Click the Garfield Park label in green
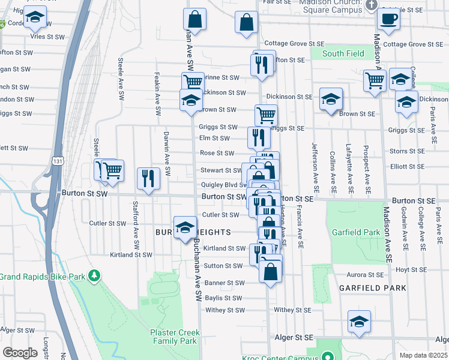(x=355, y=232)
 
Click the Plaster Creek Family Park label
(x=173, y=336)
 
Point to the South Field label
(x=343, y=53)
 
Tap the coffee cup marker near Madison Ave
(x=388, y=19)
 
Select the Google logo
(x=20, y=353)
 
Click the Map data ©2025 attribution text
(x=423, y=355)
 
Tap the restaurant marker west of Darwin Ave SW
(x=148, y=178)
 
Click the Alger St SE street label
(x=294, y=338)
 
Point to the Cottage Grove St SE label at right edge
(x=412, y=44)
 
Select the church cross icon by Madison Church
(x=371, y=5)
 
